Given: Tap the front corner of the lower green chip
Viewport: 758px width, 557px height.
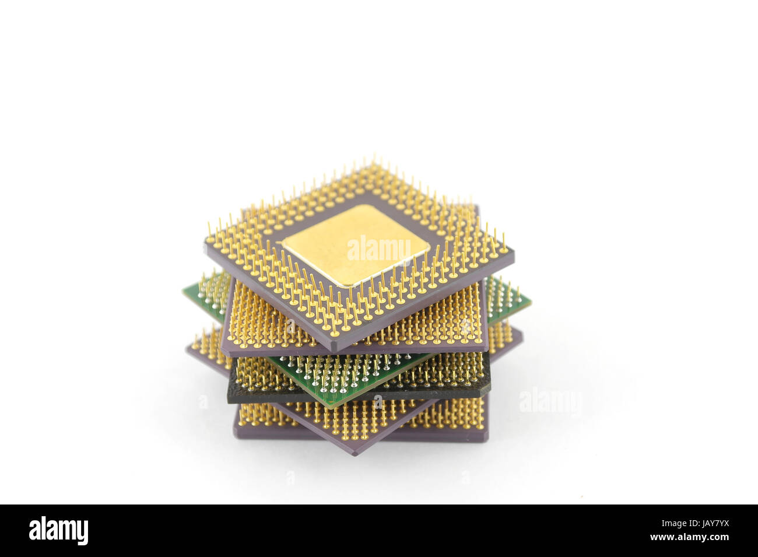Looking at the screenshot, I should tap(332, 405).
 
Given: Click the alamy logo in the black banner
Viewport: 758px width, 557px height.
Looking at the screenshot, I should tap(58, 531).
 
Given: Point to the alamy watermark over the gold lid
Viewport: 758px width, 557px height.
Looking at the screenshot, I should tap(379, 250).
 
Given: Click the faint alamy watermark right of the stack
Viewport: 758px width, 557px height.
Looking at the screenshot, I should tap(550, 401).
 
